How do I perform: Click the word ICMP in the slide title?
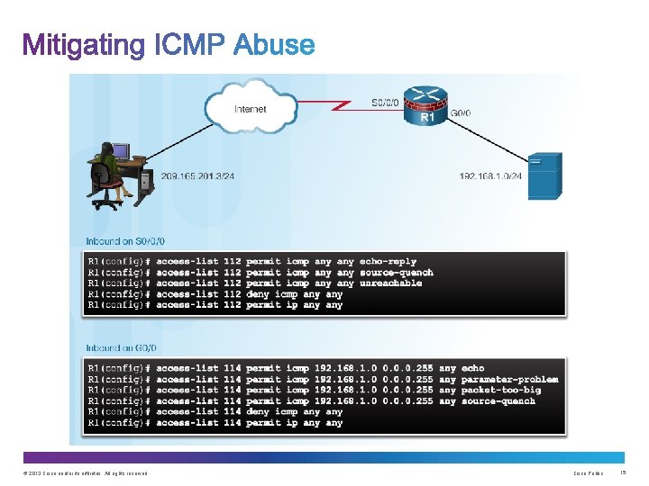click(189, 45)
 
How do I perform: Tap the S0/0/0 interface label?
click(383, 103)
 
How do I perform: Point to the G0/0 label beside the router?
click(460, 113)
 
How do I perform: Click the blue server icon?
click(544, 175)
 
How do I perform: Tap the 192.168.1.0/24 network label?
click(491, 176)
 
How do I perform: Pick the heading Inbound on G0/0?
click(121, 347)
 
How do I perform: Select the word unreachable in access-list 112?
click(390, 283)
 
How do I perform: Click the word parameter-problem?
click(509, 379)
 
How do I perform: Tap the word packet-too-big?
click(500, 390)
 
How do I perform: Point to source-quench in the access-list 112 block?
click(396, 273)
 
